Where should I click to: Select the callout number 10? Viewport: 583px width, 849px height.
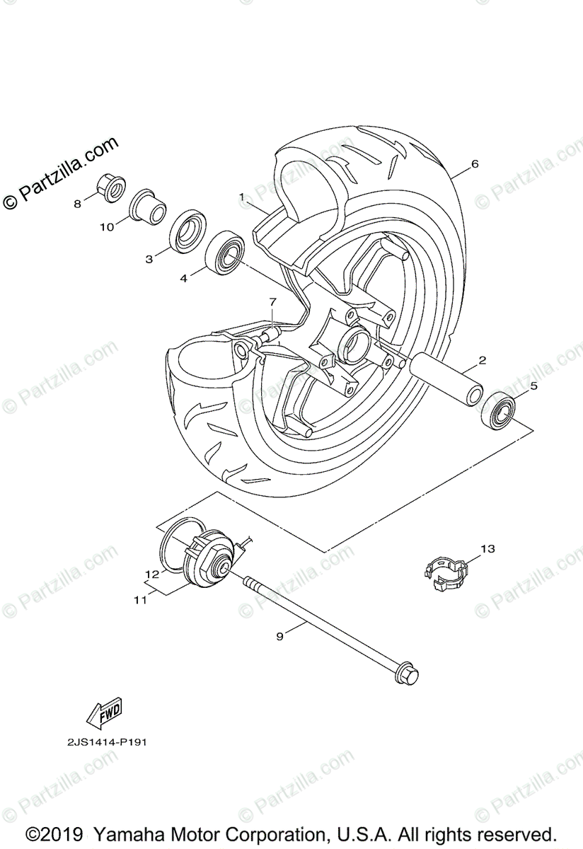click(x=106, y=227)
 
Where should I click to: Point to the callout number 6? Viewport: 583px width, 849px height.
click(x=475, y=164)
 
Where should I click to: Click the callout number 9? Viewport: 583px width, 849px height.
click(x=279, y=636)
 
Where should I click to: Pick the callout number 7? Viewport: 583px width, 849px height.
click(x=271, y=303)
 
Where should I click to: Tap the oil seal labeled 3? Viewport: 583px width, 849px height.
click(x=186, y=231)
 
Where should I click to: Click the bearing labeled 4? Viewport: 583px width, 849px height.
click(x=225, y=250)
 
